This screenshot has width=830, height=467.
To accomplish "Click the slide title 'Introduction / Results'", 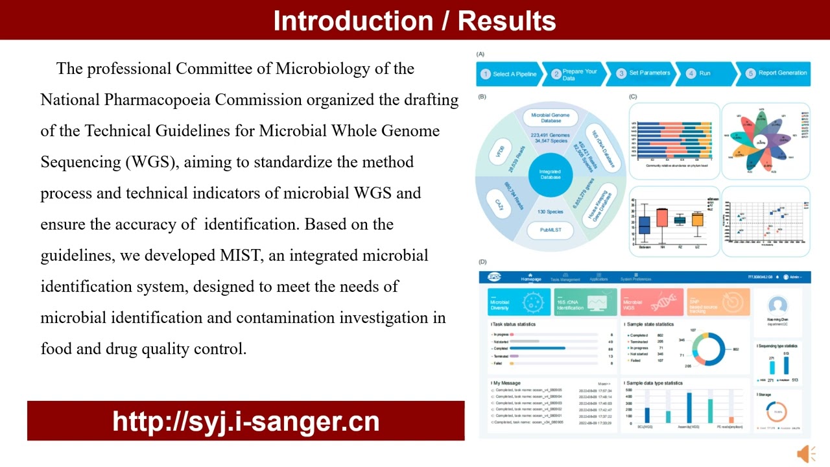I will pyautogui.click(x=414, y=21).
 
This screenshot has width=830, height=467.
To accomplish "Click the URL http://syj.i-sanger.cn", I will pyautogui.click(x=246, y=421).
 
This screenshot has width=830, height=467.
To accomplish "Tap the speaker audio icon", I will pyautogui.click(x=806, y=453).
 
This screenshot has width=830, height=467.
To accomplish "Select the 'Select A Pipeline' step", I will pyautogui.click(x=508, y=74).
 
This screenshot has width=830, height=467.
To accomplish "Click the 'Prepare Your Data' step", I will pyautogui.click(x=573, y=74).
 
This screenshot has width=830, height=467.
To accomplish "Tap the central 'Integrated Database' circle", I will pyautogui.click(x=550, y=174).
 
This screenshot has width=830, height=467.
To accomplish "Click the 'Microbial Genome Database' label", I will pyautogui.click(x=550, y=117).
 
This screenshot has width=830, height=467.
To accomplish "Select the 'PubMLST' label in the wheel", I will pyautogui.click(x=550, y=230).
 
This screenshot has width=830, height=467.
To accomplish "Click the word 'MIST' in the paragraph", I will pyautogui.click(x=241, y=256).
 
